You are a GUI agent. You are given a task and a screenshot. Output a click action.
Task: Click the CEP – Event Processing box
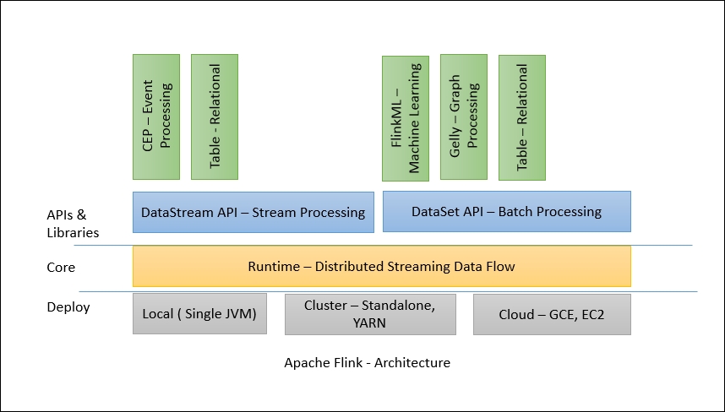(156, 117)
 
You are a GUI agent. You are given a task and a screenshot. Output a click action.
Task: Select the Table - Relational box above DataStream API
(215, 117)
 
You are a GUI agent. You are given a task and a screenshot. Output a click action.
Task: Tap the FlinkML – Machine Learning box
(406, 118)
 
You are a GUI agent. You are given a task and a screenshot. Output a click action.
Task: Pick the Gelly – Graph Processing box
(463, 117)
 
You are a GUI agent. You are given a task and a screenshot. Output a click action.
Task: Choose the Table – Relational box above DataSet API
(522, 117)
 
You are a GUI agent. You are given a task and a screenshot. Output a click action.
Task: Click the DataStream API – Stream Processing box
(253, 212)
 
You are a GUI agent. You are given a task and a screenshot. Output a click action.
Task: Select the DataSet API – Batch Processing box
(507, 212)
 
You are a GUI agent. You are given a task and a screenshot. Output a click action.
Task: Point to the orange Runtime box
(381, 267)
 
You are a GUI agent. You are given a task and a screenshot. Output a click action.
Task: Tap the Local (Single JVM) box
(199, 314)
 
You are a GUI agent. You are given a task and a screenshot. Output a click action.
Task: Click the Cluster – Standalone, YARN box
(370, 314)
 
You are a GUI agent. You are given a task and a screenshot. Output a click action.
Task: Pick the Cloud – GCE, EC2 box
(551, 314)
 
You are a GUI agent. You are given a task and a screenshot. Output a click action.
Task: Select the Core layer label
(61, 268)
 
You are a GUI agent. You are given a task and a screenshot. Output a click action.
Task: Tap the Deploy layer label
(68, 306)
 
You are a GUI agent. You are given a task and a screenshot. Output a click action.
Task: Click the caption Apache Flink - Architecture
(367, 363)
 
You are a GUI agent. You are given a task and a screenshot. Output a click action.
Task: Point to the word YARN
(370, 323)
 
